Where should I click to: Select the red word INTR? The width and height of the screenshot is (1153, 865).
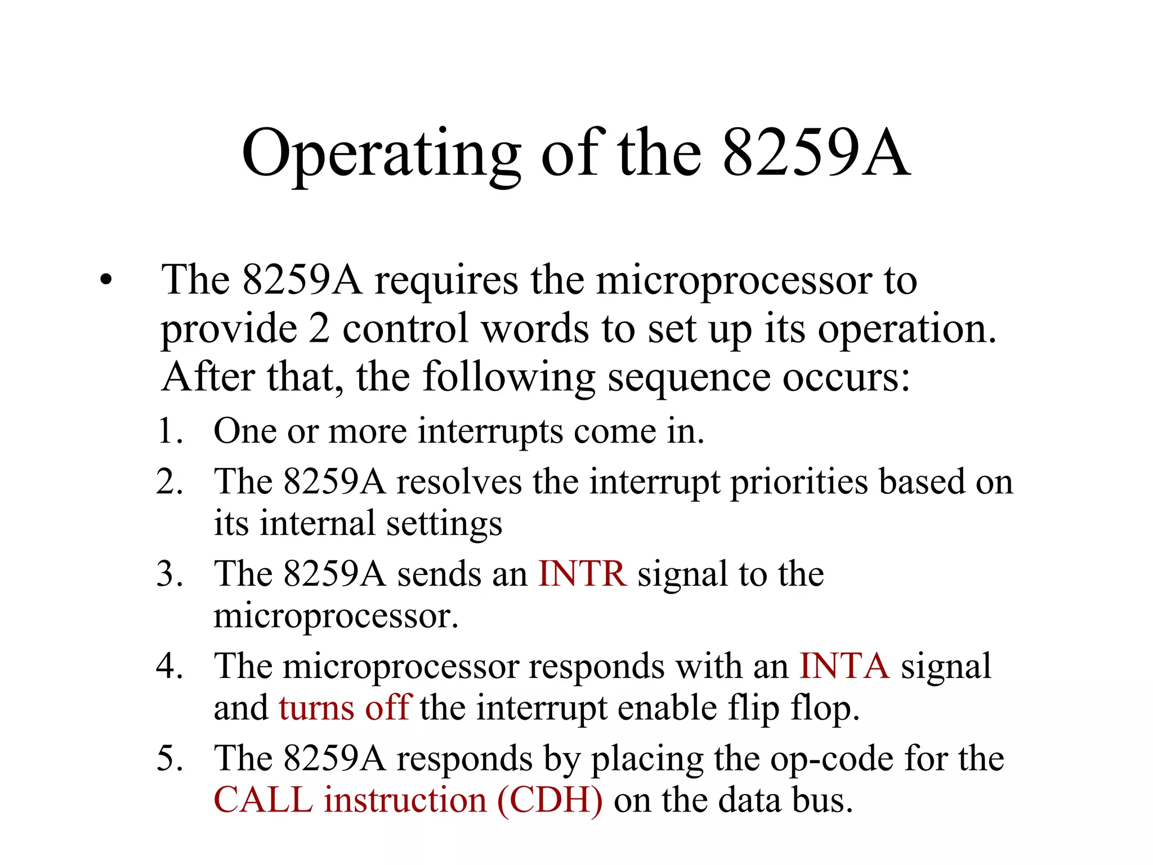pyautogui.click(x=582, y=574)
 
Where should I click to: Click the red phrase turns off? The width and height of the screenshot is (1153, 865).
pyautogui.click(x=345, y=708)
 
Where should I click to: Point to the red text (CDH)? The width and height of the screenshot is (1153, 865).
pyautogui.click(x=549, y=800)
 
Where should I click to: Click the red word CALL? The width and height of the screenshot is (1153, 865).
pyautogui.click(x=263, y=800)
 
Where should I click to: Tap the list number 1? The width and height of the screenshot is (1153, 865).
pyautogui.click(x=169, y=431)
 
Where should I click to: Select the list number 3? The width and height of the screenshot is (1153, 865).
pyautogui.click(x=169, y=574)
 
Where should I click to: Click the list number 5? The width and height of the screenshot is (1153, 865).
pyautogui.click(x=169, y=759)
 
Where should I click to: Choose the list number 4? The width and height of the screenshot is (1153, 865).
pyautogui.click(x=169, y=667)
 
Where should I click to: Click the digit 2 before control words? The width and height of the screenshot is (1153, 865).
pyautogui.click(x=319, y=329)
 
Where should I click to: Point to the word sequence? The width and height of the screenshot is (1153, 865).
pyautogui.click(x=689, y=378)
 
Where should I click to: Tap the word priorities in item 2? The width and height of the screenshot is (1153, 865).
pyautogui.click(x=799, y=483)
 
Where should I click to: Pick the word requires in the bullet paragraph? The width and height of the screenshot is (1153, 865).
pyautogui.click(x=446, y=280)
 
